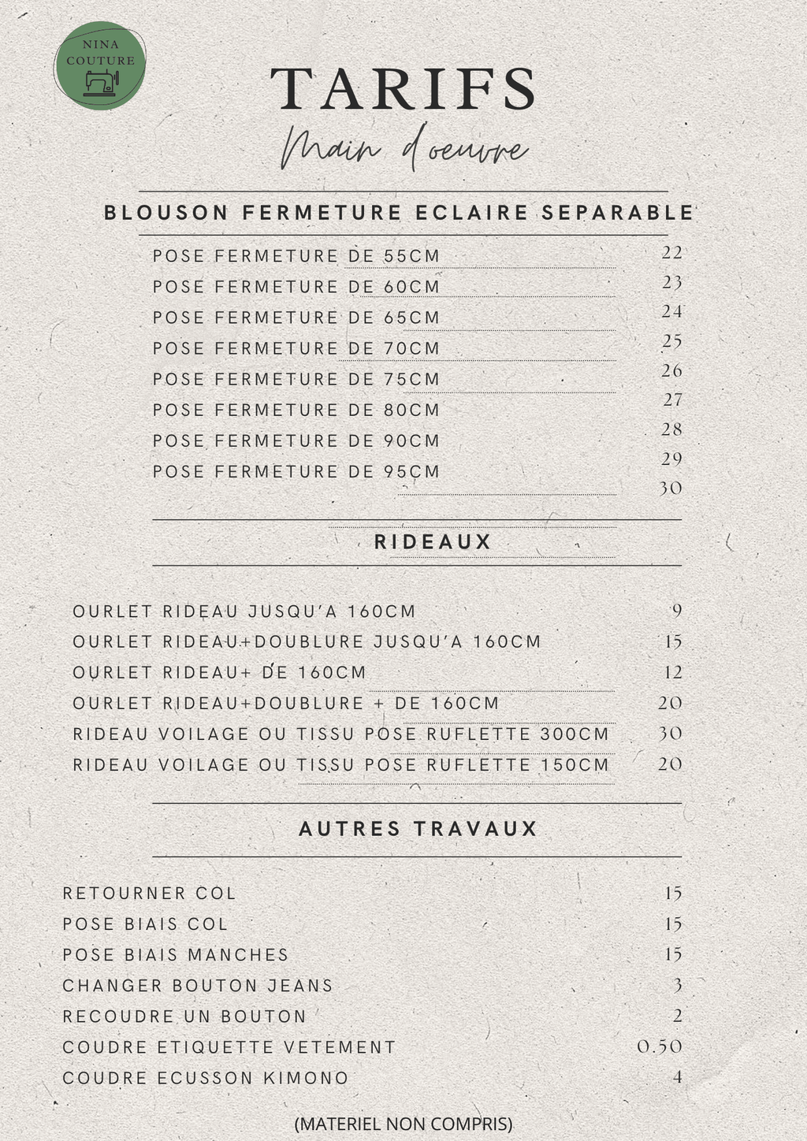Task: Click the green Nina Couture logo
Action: click(100, 63)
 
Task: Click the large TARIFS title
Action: click(403, 88)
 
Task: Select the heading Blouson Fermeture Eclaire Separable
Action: click(399, 213)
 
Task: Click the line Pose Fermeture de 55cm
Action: click(296, 256)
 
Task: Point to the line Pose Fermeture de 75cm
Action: click(296, 379)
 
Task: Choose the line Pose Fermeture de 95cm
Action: click(296, 471)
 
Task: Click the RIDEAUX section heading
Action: click(433, 542)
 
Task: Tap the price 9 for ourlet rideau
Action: click(676, 611)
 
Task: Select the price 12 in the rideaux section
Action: click(672, 672)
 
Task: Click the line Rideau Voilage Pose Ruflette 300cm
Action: click(340, 734)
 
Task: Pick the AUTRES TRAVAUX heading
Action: click(418, 829)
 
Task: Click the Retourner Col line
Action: click(150, 893)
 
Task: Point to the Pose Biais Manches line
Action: click(176, 954)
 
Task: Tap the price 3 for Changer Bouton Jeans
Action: click(677, 985)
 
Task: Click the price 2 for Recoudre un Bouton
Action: click(677, 1016)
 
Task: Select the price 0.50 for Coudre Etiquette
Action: click(660, 1046)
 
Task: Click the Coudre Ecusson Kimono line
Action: click(206, 1078)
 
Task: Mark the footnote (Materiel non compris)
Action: click(403, 1123)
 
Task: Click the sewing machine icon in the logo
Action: click(100, 82)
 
